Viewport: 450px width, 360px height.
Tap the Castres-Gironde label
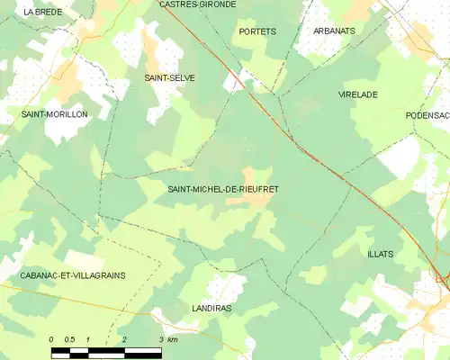(x=197, y=4)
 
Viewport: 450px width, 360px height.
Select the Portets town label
(x=257, y=31)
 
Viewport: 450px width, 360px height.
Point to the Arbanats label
(x=334, y=31)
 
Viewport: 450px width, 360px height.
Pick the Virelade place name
(x=358, y=94)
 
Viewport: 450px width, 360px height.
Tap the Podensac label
(x=427, y=115)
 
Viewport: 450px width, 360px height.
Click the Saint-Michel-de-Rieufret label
(x=223, y=189)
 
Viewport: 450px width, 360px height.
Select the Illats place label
(x=380, y=254)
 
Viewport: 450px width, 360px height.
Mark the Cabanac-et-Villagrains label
(x=62, y=274)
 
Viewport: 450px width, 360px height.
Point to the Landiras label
(x=213, y=307)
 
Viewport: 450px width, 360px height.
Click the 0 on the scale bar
(x=51, y=338)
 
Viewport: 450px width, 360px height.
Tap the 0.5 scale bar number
(x=68, y=338)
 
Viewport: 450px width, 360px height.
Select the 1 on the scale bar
(x=87, y=338)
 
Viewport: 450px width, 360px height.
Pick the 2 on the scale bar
(x=123, y=338)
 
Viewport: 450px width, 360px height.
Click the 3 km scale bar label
(x=166, y=338)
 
